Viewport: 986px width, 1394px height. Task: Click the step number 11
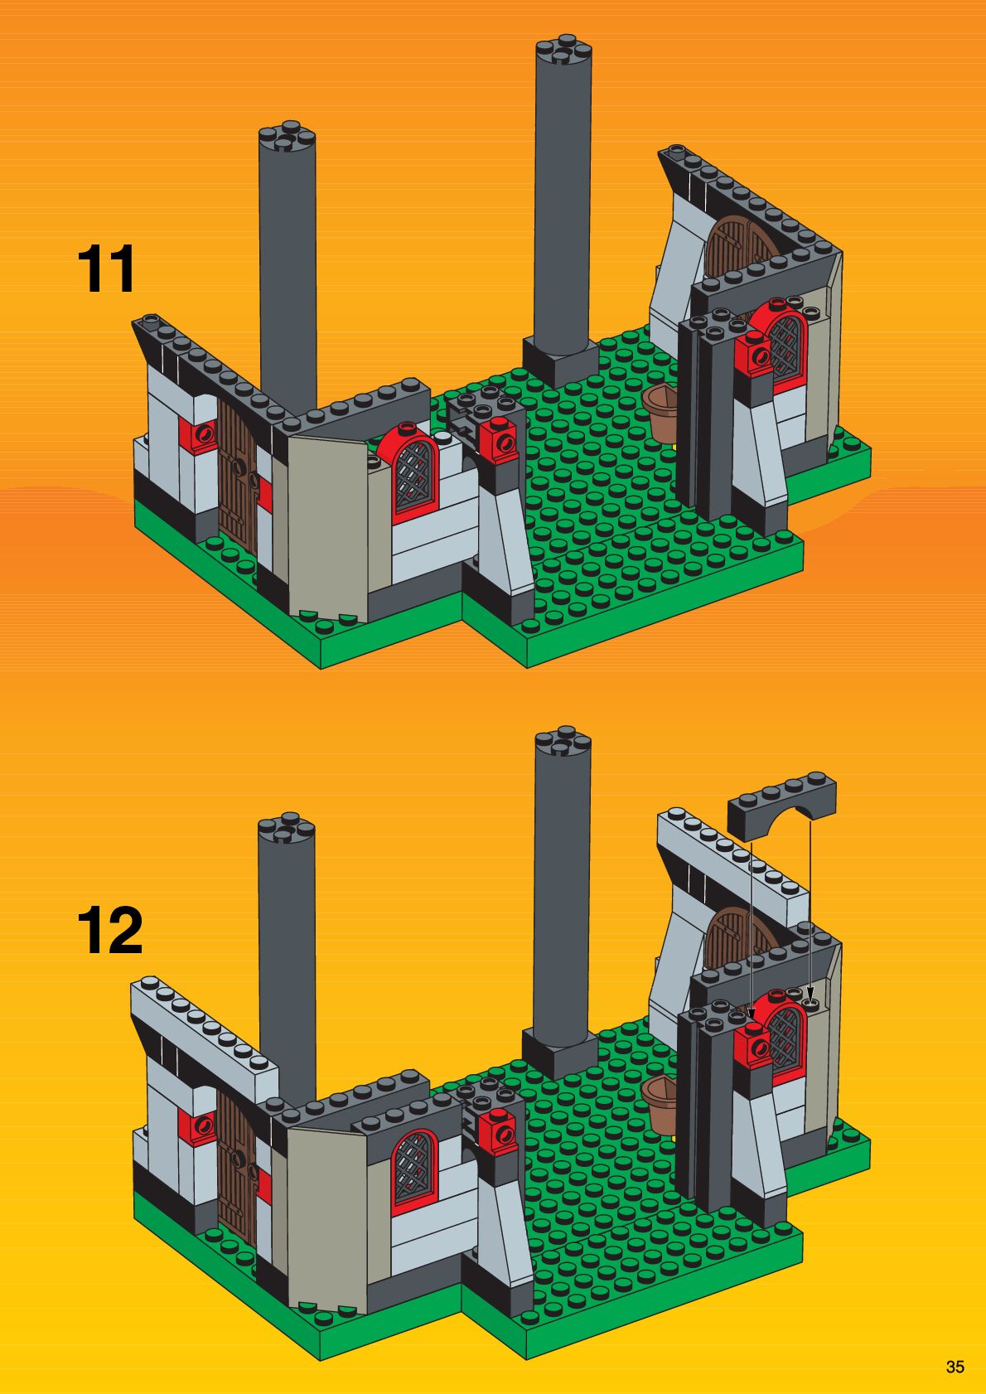coord(106,269)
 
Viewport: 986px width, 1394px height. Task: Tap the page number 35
coord(955,1367)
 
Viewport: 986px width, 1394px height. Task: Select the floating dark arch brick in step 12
coord(781,805)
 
